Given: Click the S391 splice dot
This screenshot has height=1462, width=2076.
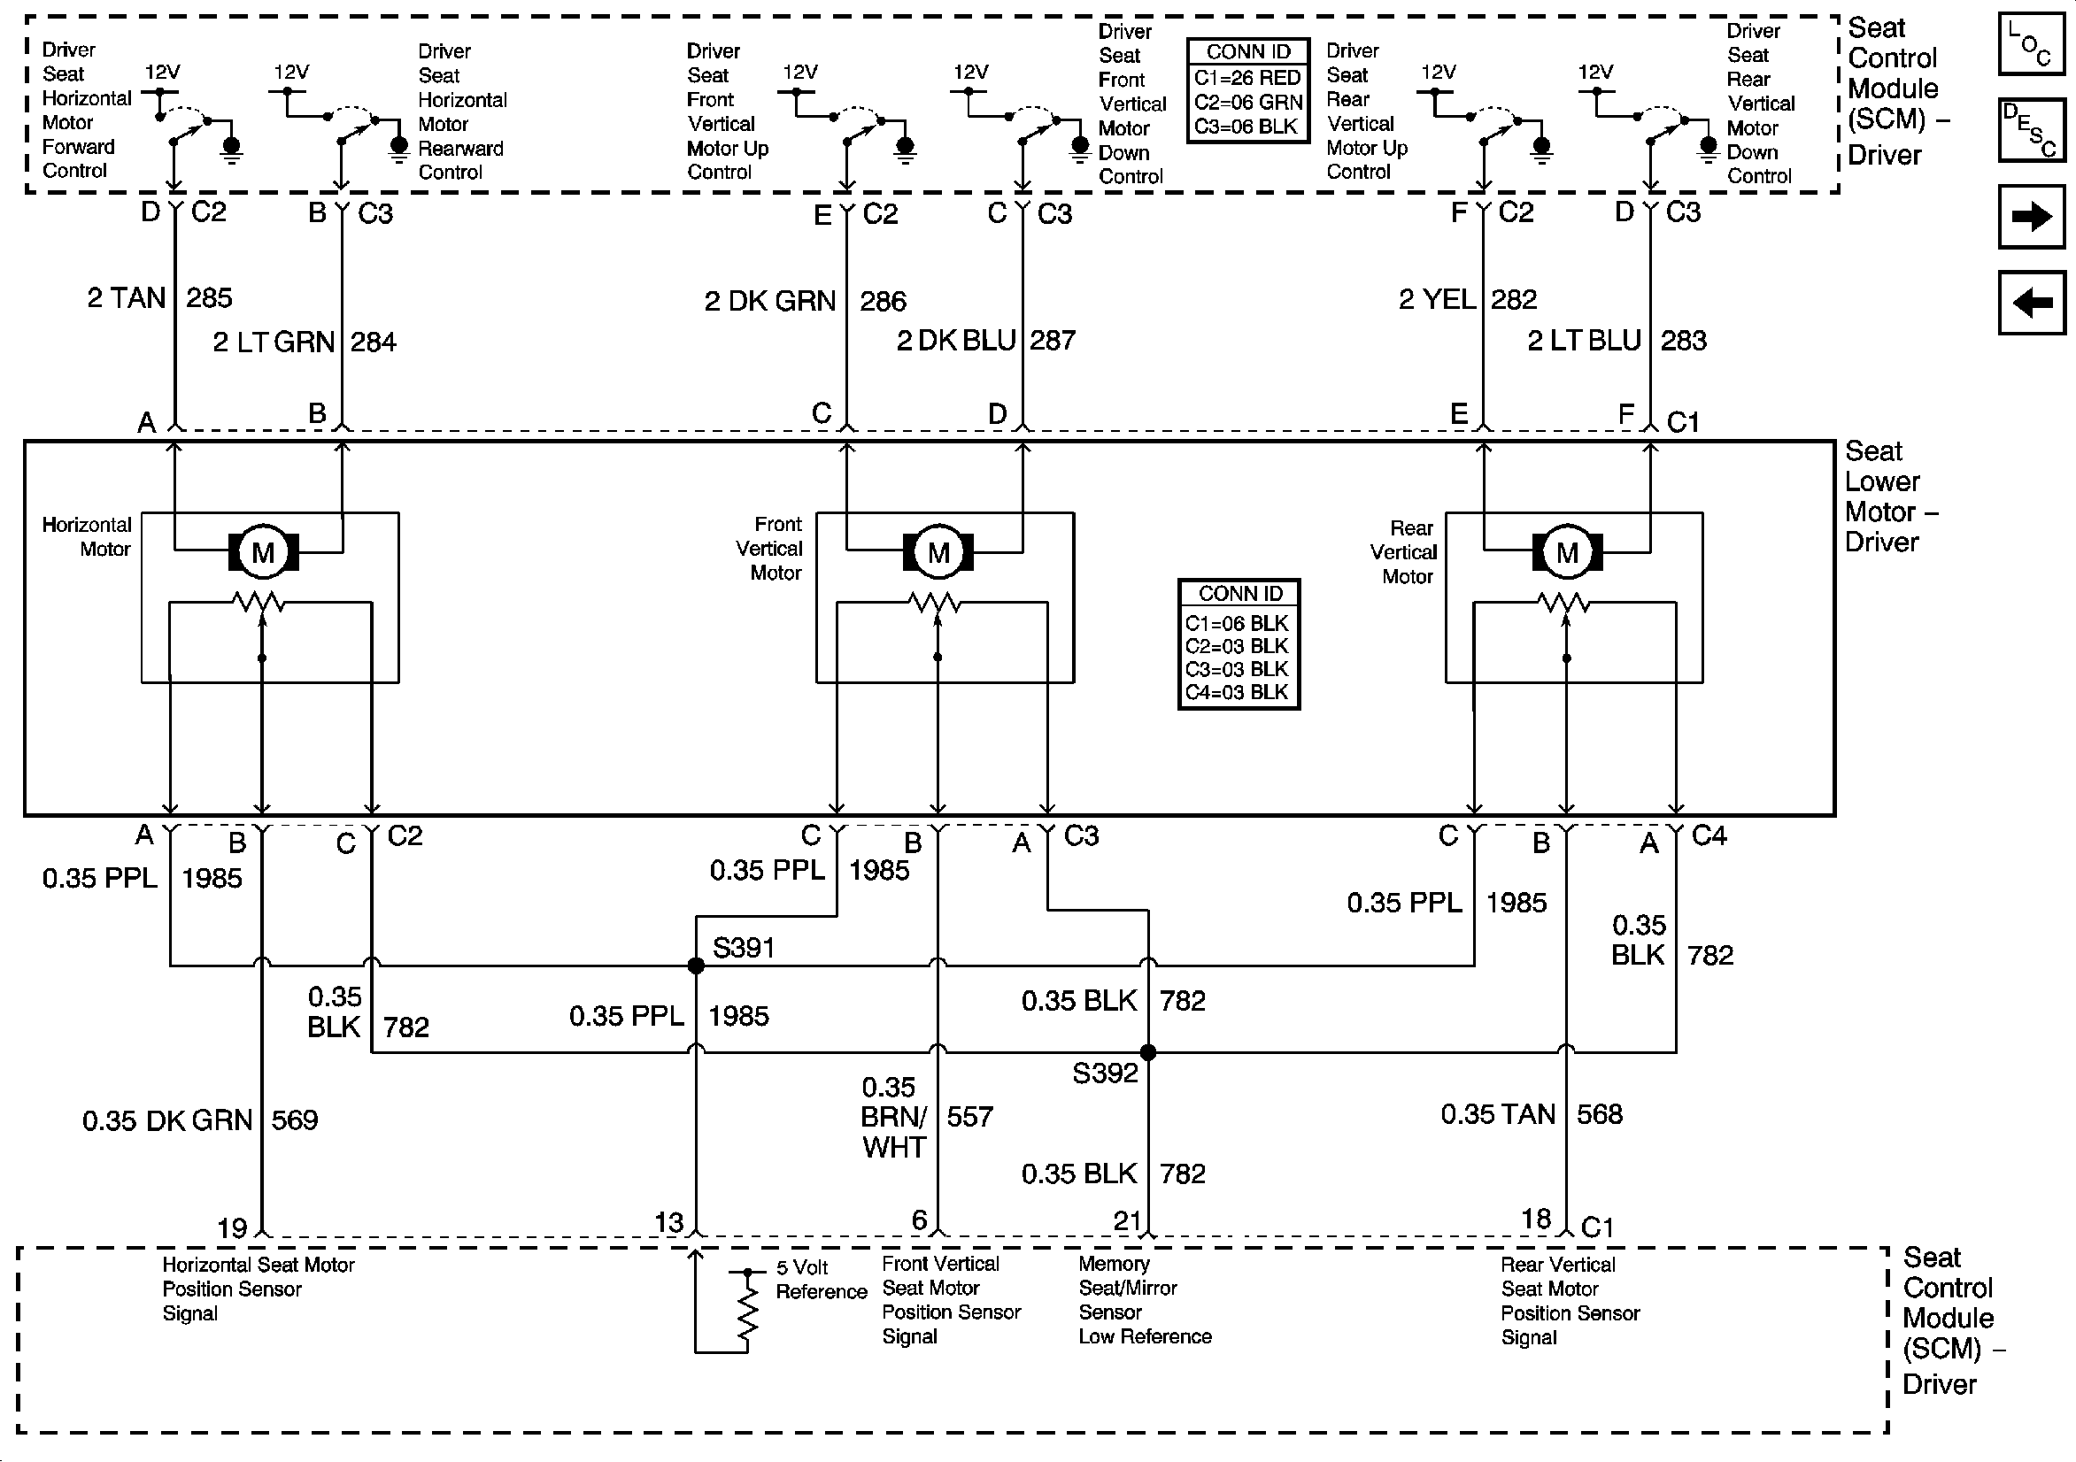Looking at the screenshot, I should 695,966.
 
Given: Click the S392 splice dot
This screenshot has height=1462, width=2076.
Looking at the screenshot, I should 1147,1052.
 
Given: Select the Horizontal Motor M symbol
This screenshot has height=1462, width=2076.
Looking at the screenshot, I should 263,551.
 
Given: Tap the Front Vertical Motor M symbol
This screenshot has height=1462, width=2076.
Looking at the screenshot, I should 938,551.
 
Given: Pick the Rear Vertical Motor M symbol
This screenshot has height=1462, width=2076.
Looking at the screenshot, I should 1567,551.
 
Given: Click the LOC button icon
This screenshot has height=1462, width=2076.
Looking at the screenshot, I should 2031,43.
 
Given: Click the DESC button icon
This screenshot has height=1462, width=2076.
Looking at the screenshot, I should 2031,129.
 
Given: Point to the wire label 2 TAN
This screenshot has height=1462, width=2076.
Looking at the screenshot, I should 126,298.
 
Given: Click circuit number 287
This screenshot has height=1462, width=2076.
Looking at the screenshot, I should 1053,341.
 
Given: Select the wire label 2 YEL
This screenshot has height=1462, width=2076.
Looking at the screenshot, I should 1437,299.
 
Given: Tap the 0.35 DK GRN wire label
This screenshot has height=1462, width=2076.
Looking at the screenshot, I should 167,1121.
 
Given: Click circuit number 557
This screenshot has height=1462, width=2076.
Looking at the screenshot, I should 969,1117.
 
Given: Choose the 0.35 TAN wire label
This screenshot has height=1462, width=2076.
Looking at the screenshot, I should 1497,1114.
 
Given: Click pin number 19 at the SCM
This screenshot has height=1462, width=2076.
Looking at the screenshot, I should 231,1227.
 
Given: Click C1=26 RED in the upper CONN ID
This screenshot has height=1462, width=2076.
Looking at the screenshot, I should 1246,78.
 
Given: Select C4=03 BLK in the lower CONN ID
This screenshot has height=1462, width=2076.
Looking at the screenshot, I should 1236,693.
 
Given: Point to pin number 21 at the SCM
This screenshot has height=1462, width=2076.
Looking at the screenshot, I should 1127,1221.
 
